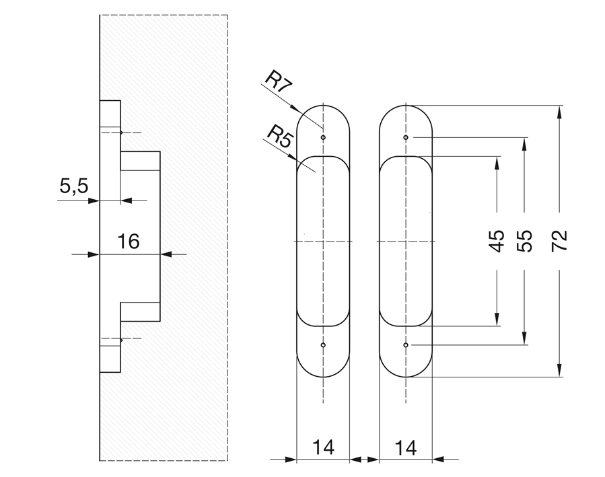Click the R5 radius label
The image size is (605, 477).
point(279,137)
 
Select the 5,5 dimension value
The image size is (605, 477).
point(74,186)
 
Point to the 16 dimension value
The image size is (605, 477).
point(129,241)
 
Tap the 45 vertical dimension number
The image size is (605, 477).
point(497,241)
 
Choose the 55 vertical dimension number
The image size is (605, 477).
point(526,241)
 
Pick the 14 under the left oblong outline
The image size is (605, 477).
point(323,447)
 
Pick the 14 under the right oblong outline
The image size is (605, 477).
point(406,447)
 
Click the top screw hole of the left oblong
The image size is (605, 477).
point(323,137)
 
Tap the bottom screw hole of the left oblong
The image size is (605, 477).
point(323,345)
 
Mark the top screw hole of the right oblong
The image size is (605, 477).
point(406,137)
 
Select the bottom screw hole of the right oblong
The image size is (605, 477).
point(406,345)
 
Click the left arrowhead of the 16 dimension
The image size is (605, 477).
point(94,254)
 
